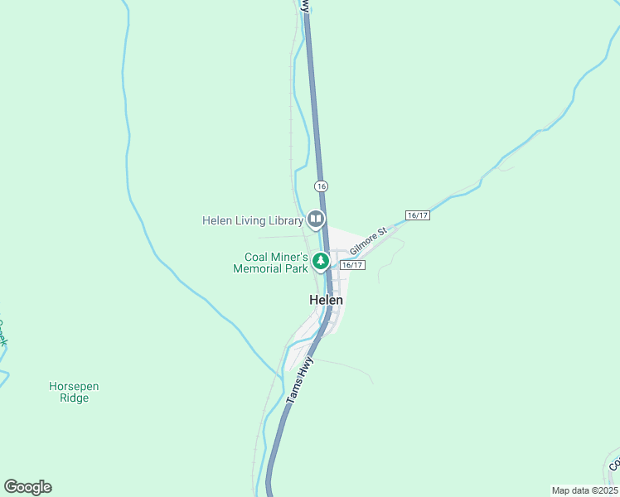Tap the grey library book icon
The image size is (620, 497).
point(315,220)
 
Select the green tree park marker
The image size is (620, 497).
point(321,262)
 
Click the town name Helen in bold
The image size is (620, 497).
point(327,300)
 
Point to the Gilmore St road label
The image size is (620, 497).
point(368,241)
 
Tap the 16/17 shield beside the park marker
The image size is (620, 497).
point(352,265)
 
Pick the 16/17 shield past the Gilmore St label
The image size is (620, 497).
point(418,215)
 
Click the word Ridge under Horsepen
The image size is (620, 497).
point(75,398)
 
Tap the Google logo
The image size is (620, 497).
point(27,487)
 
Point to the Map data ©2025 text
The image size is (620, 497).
point(584,490)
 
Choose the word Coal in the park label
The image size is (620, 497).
point(256,257)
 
